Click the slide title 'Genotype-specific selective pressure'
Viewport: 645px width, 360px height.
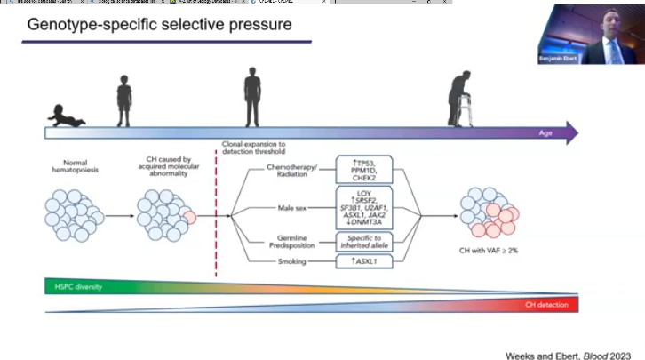point(159,24)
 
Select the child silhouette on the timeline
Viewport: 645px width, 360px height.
point(125,100)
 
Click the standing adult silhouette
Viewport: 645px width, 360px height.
point(253,99)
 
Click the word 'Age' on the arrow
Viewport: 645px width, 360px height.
point(546,133)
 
